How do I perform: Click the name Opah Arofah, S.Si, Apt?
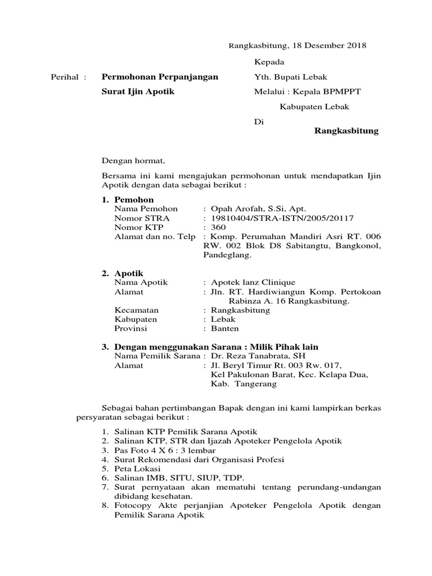[258, 208]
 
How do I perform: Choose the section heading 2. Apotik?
[123, 273]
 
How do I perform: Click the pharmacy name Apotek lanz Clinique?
[253, 282]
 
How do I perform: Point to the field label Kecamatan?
[136, 310]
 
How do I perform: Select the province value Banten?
[225, 328]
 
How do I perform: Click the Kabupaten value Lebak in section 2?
[223, 319]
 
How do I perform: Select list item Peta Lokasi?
[137, 469]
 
